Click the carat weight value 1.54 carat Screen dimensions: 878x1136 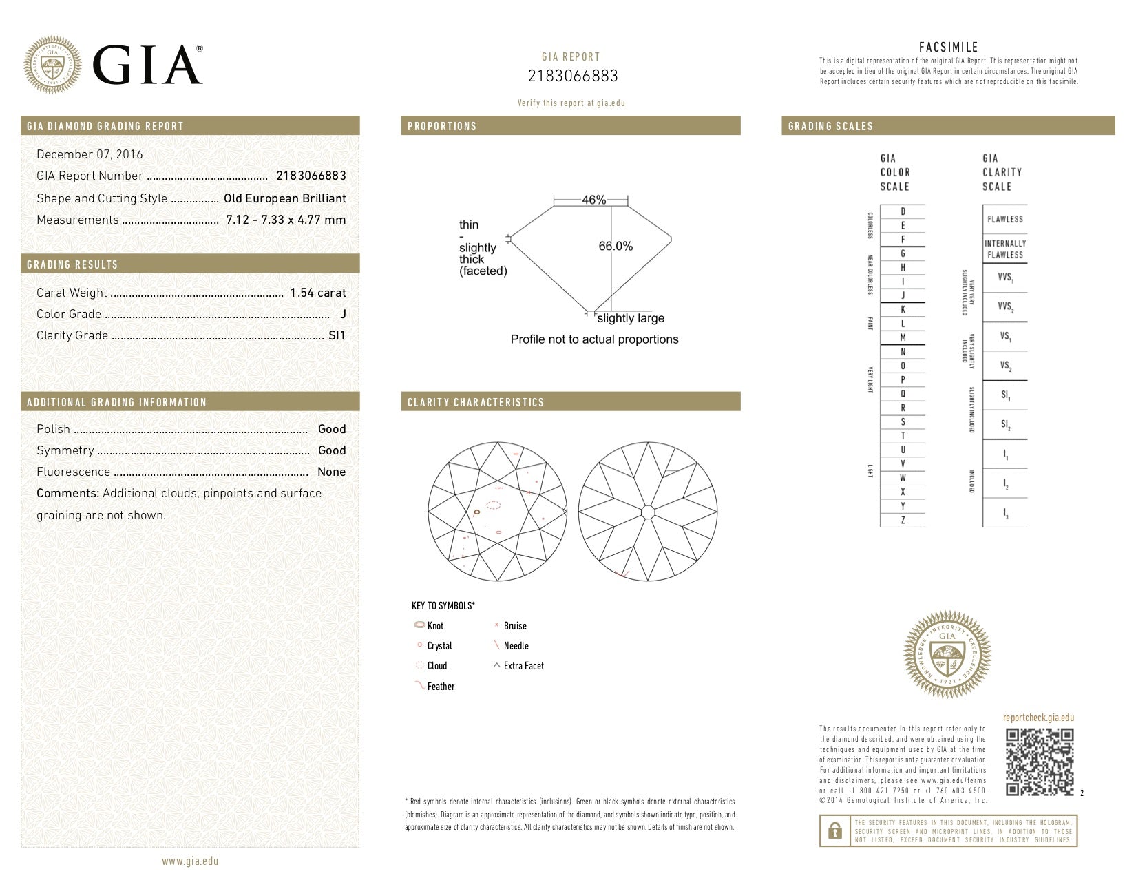tap(317, 293)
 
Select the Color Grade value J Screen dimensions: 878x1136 tap(343, 314)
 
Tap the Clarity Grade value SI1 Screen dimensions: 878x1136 tap(337, 335)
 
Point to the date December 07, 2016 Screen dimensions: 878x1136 tap(90, 154)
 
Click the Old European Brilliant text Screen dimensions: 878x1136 tap(284, 198)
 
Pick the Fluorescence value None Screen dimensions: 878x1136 tap(331, 472)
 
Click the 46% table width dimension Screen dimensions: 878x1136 tap(593, 200)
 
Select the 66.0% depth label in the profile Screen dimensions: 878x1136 tap(616, 246)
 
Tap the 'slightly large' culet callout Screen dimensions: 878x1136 tap(631, 318)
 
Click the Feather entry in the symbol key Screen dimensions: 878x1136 tap(441, 687)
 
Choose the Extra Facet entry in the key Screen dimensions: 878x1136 tap(523, 666)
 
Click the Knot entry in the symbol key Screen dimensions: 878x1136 tap(435, 626)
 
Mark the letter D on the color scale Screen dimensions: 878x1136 tap(903, 211)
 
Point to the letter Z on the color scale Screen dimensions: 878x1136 tap(903, 521)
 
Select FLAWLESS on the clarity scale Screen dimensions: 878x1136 tap(1005, 219)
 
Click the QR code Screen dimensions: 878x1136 tap(1040, 762)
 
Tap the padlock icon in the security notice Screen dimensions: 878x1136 tap(834, 830)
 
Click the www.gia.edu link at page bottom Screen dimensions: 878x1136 tap(190, 861)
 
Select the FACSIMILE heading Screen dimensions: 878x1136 tap(948, 47)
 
